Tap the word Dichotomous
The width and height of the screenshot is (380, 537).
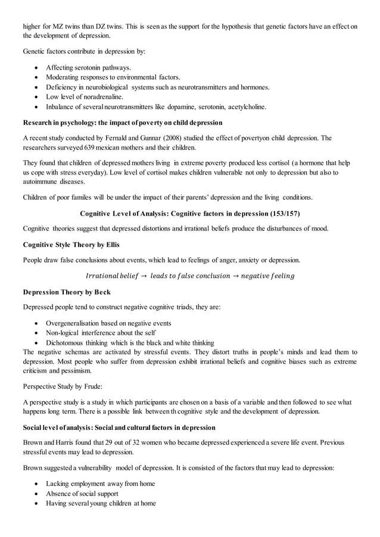click(67, 342)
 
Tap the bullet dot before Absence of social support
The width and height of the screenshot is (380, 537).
click(38, 494)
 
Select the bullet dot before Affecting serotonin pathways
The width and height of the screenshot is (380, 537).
click(38, 67)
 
